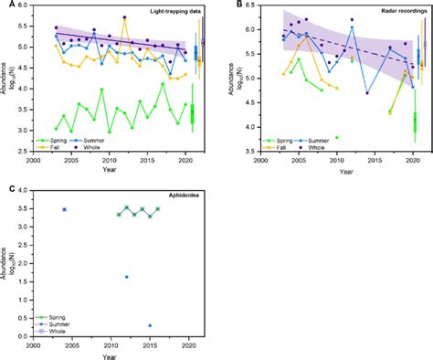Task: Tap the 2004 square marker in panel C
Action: click(x=64, y=209)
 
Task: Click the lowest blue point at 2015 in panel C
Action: click(x=150, y=325)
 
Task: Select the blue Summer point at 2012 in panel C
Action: click(x=126, y=277)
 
